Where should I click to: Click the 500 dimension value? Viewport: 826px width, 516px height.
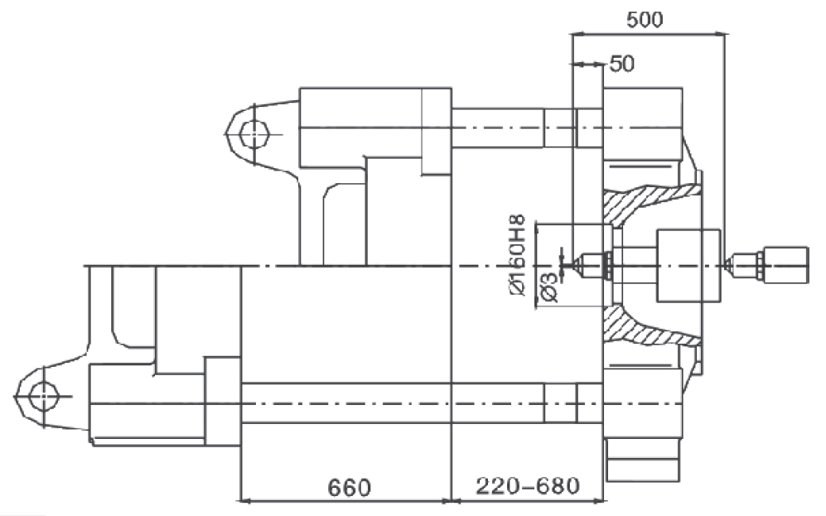point(645,20)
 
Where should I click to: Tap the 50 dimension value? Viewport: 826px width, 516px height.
point(622,64)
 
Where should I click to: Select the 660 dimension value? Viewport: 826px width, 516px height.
point(349,488)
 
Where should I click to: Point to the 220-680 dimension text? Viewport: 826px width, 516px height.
point(527,486)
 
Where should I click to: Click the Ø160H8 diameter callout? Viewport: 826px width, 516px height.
point(517,256)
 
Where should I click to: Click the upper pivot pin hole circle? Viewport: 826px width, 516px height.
point(254,133)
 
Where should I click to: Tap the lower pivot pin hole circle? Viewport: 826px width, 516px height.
point(42,397)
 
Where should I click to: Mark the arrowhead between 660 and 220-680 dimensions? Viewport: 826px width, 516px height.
point(452,500)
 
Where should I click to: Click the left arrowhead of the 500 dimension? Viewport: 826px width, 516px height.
point(577,35)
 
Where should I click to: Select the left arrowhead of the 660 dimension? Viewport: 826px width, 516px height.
point(247,500)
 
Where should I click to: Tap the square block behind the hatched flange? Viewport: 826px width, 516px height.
point(688,265)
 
